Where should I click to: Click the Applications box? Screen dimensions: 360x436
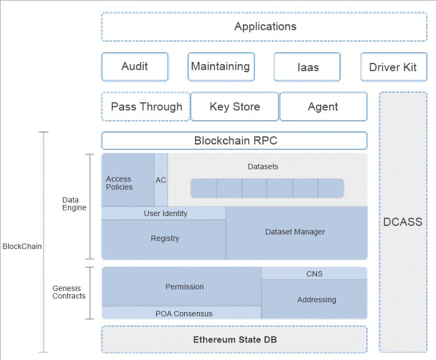[x=265, y=27]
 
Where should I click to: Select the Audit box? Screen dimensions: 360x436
[x=135, y=67]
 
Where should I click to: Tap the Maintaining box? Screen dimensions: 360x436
[x=220, y=67]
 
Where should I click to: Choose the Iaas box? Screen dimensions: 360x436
[x=306, y=67]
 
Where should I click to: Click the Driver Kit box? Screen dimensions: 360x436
[x=393, y=67]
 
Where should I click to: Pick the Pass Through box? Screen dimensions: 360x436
[x=146, y=107]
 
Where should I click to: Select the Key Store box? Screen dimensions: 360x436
[x=234, y=107]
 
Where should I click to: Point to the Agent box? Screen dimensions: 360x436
[x=323, y=107]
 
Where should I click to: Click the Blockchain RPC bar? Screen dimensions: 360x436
[x=235, y=141]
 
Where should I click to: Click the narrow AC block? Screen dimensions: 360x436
[x=161, y=180]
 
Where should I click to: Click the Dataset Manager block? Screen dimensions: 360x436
[x=296, y=233]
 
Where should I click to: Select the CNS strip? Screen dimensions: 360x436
[x=314, y=273]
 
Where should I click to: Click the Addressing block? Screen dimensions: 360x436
[x=314, y=300]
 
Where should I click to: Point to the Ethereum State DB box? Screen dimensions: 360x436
[x=235, y=339]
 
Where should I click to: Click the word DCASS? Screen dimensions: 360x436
[x=402, y=222]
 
